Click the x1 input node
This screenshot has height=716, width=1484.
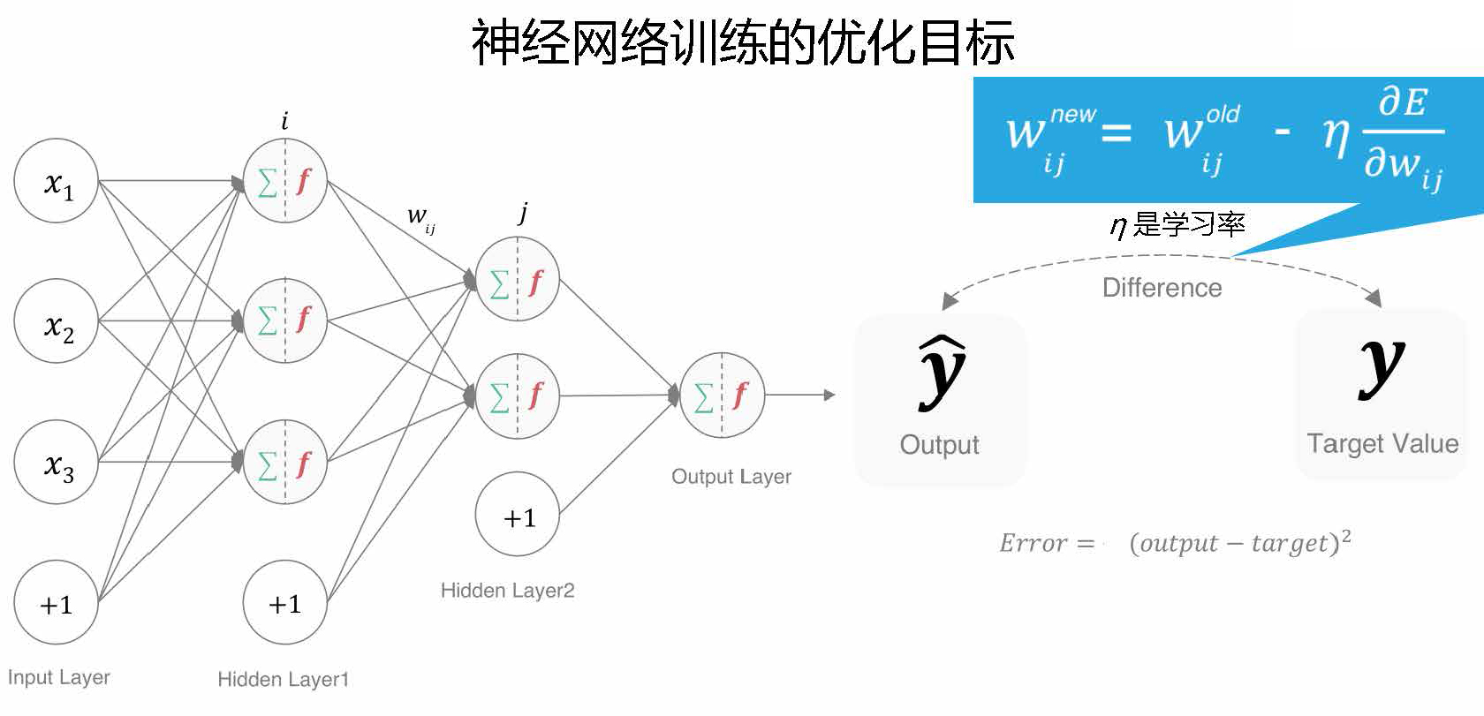[x=56, y=181]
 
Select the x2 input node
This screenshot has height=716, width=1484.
[x=56, y=321]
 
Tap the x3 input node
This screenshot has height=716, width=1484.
[x=56, y=462]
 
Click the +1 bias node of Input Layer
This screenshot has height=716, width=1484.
[x=56, y=603]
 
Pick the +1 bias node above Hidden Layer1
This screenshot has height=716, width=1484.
[x=284, y=603]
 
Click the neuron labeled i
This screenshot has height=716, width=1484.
[x=284, y=181]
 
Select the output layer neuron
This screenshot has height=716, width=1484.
[x=722, y=395]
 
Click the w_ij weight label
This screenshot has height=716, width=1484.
[x=420, y=217]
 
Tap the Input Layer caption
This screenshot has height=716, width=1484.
[x=58, y=678]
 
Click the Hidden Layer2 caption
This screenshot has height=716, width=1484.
[x=507, y=591]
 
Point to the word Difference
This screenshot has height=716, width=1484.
[x=1162, y=288]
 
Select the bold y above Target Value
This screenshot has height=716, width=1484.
[x=1382, y=366]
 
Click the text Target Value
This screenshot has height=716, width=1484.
[x=1382, y=443]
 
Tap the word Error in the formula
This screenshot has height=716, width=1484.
[x=1033, y=543]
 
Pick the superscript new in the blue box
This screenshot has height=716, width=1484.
[x=1072, y=115]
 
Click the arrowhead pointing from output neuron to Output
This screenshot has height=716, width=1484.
[x=829, y=395]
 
